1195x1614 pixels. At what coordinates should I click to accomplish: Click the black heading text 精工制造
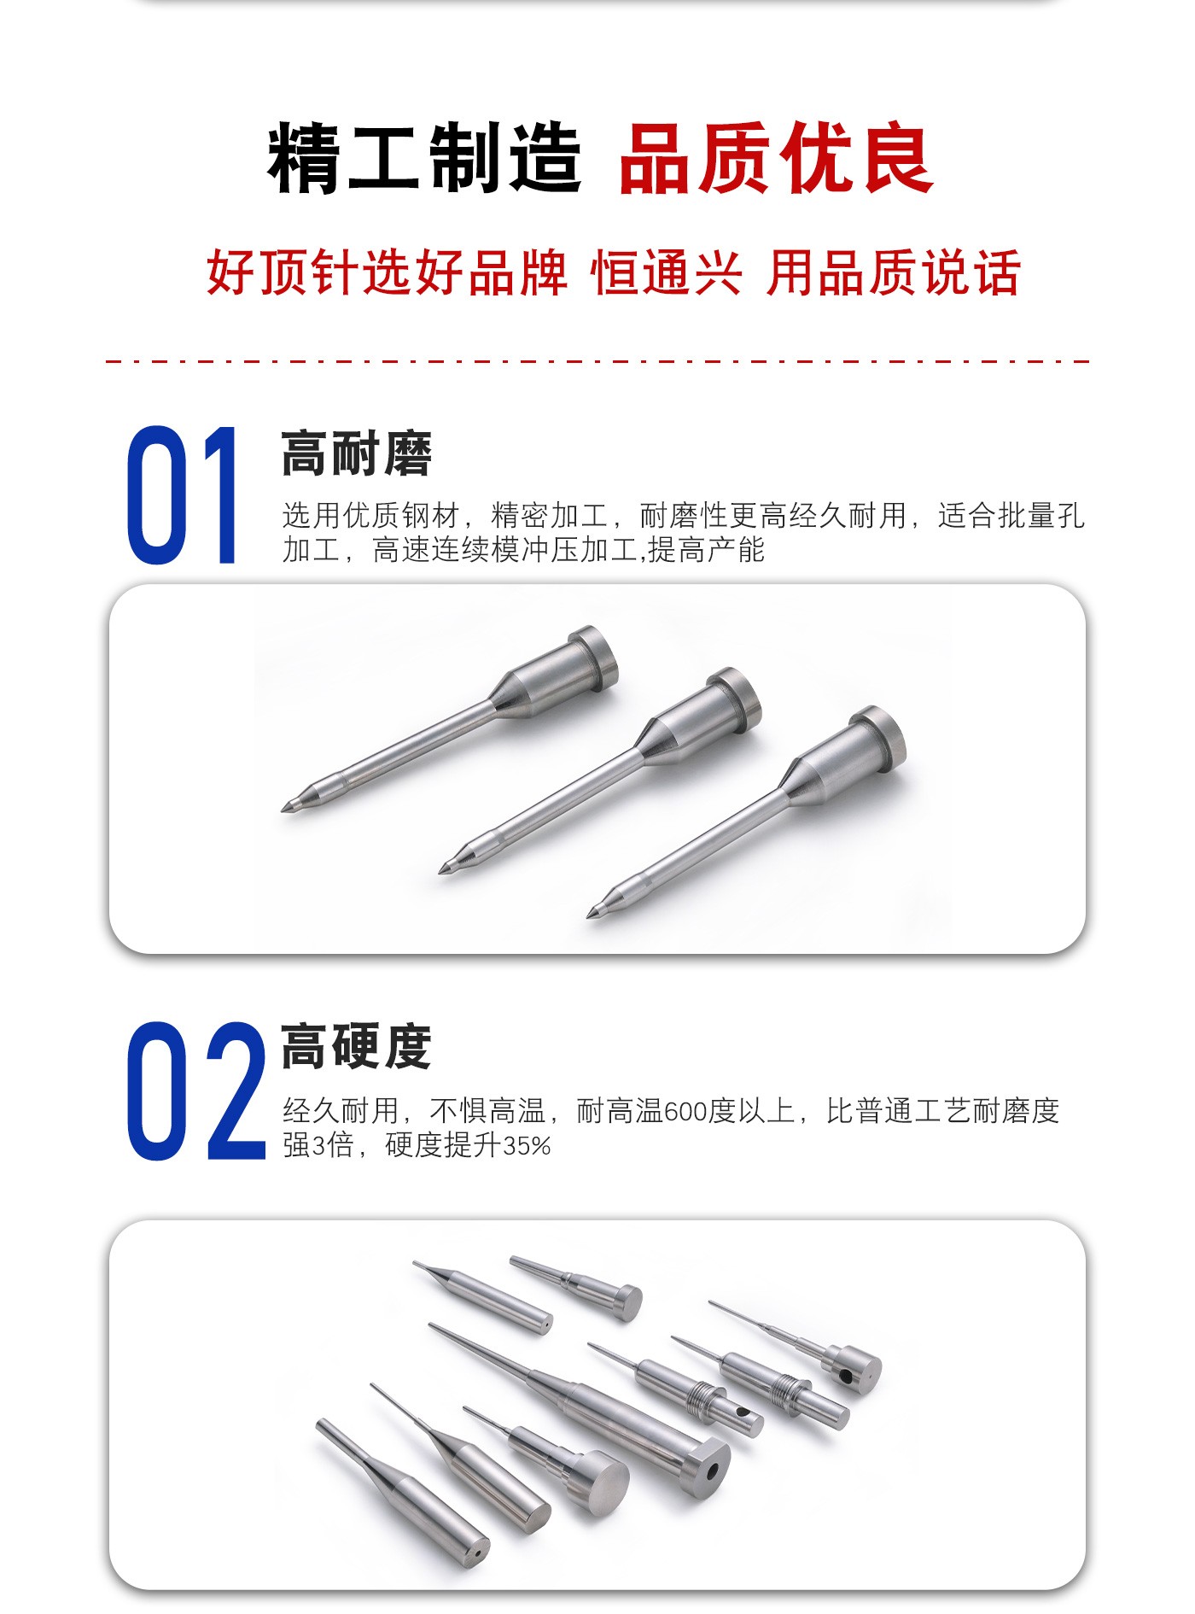tap(425, 159)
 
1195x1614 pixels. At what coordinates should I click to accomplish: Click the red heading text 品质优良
tap(776, 159)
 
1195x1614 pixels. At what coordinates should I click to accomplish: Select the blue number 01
tap(182, 494)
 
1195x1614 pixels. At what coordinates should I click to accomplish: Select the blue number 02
tap(196, 1091)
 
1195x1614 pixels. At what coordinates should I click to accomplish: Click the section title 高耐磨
tap(357, 453)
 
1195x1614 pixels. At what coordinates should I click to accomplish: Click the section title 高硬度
tap(357, 1047)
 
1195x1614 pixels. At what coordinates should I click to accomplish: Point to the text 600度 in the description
tap(699, 1111)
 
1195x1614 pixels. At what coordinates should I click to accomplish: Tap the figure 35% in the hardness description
tap(527, 1145)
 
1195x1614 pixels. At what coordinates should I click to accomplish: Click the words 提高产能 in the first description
tap(706, 550)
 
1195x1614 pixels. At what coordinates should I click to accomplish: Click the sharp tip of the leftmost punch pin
tap(283, 809)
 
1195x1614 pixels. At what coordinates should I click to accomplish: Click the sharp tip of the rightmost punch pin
tap(590, 917)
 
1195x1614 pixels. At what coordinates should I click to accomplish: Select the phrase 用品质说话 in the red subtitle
tap(893, 273)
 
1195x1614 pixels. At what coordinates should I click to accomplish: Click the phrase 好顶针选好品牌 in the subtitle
tap(387, 273)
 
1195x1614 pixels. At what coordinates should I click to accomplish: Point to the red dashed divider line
tap(597, 361)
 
